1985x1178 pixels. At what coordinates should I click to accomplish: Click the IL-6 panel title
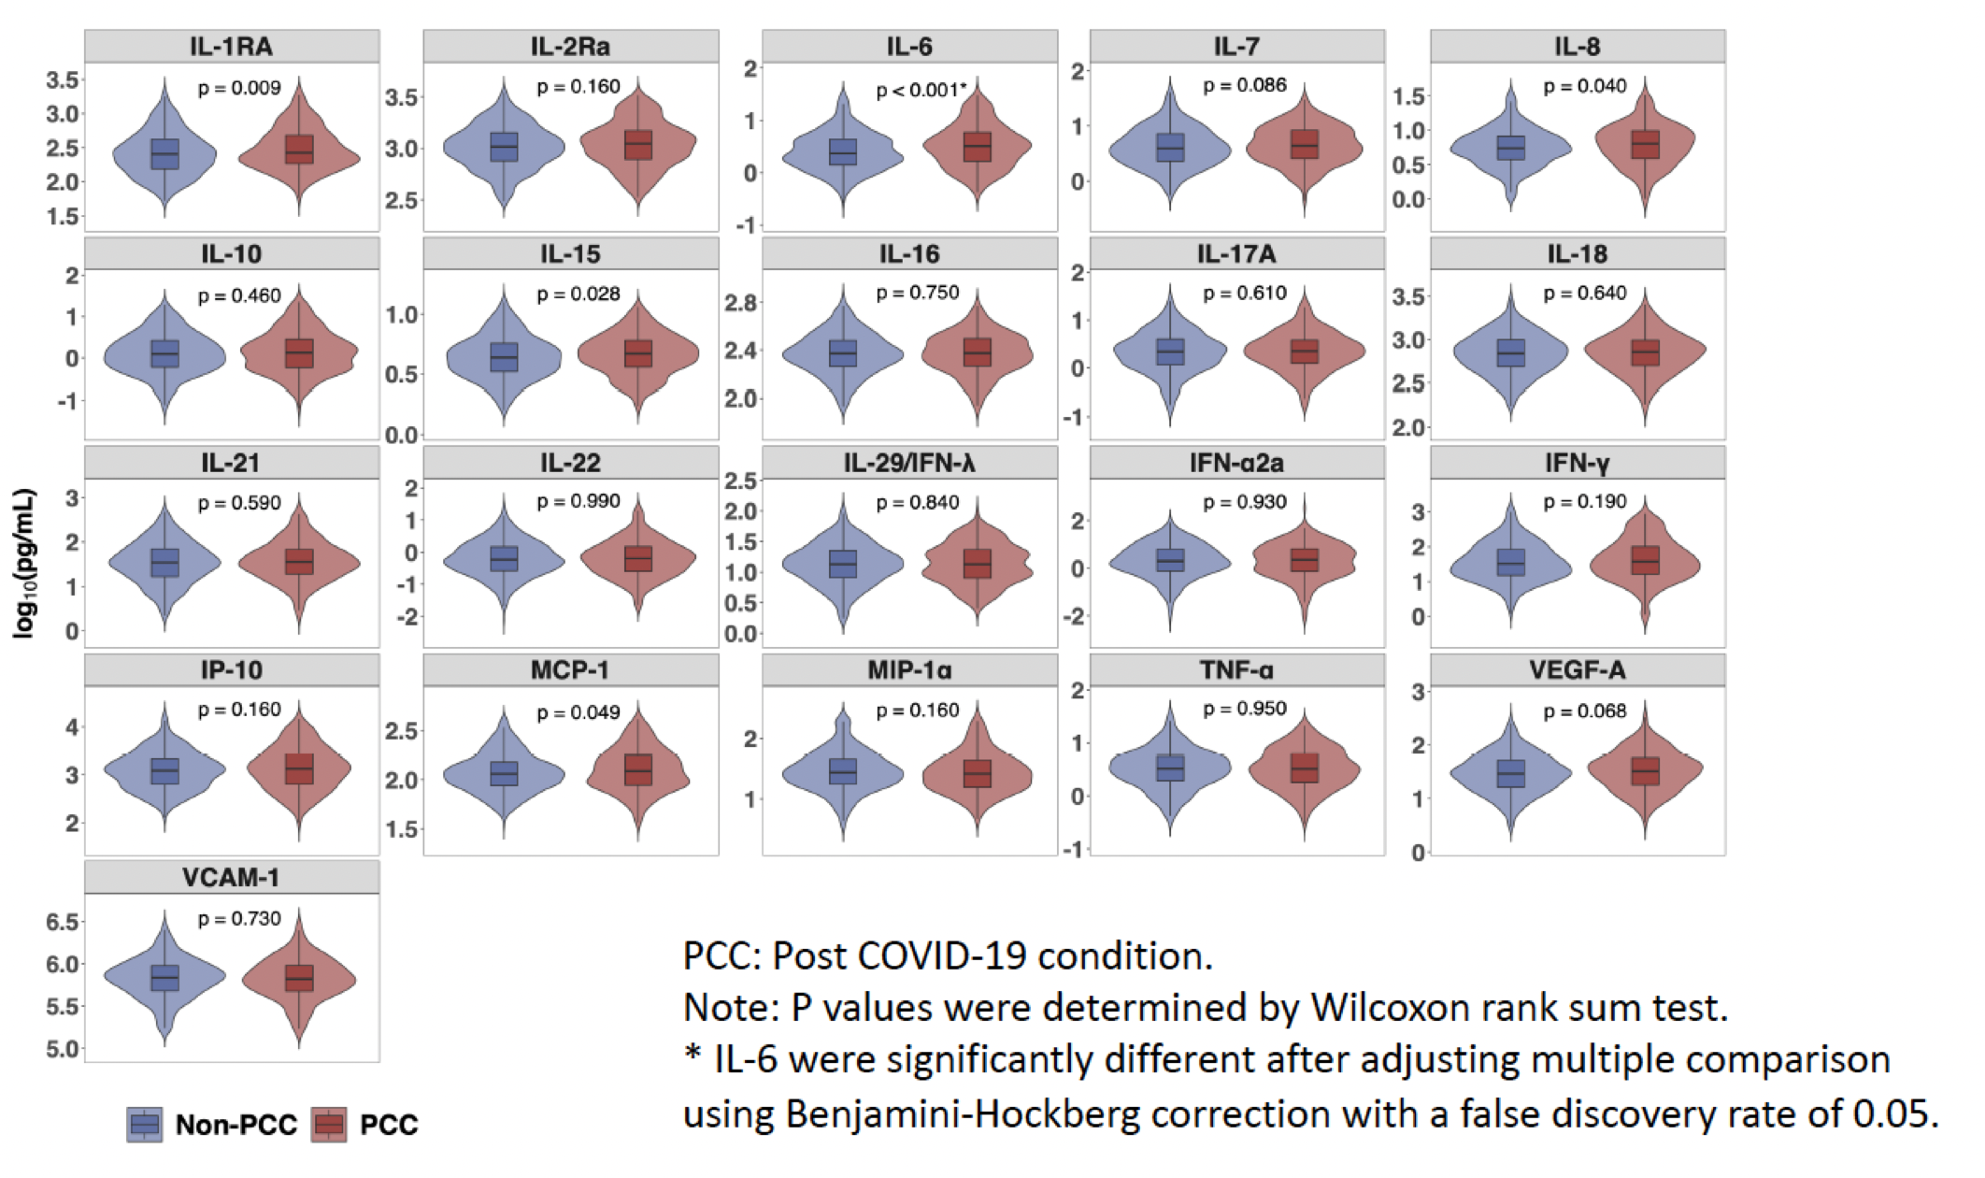(909, 46)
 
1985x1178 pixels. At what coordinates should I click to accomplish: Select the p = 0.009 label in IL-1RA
(239, 89)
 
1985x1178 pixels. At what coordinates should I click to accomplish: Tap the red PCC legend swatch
(329, 1124)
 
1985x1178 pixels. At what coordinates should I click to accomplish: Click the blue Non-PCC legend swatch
(145, 1124)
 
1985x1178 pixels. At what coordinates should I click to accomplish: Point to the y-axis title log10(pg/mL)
(25, 564)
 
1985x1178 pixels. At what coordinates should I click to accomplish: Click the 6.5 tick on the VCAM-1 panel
(63, 922)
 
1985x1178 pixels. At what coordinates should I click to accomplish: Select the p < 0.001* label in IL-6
(921, 91)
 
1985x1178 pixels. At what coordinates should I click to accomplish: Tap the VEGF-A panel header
(1577, 670)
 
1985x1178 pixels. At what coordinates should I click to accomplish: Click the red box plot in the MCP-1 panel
(638, 769)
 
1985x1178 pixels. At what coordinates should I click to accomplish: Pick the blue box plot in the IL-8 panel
(1510, 147)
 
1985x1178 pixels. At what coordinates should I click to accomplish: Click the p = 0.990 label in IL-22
(578, 502)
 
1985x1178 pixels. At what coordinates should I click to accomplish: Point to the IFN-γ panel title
(1577, 463)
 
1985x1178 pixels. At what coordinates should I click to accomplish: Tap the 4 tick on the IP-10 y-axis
(72, 726)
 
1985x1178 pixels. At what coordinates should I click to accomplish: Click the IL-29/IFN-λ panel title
(909, 463)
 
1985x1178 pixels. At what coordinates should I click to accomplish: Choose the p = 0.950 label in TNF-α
(1245, 710)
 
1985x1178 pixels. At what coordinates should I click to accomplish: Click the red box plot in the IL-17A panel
(1304, 352)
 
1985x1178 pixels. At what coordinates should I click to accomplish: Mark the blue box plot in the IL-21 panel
(164, 561)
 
